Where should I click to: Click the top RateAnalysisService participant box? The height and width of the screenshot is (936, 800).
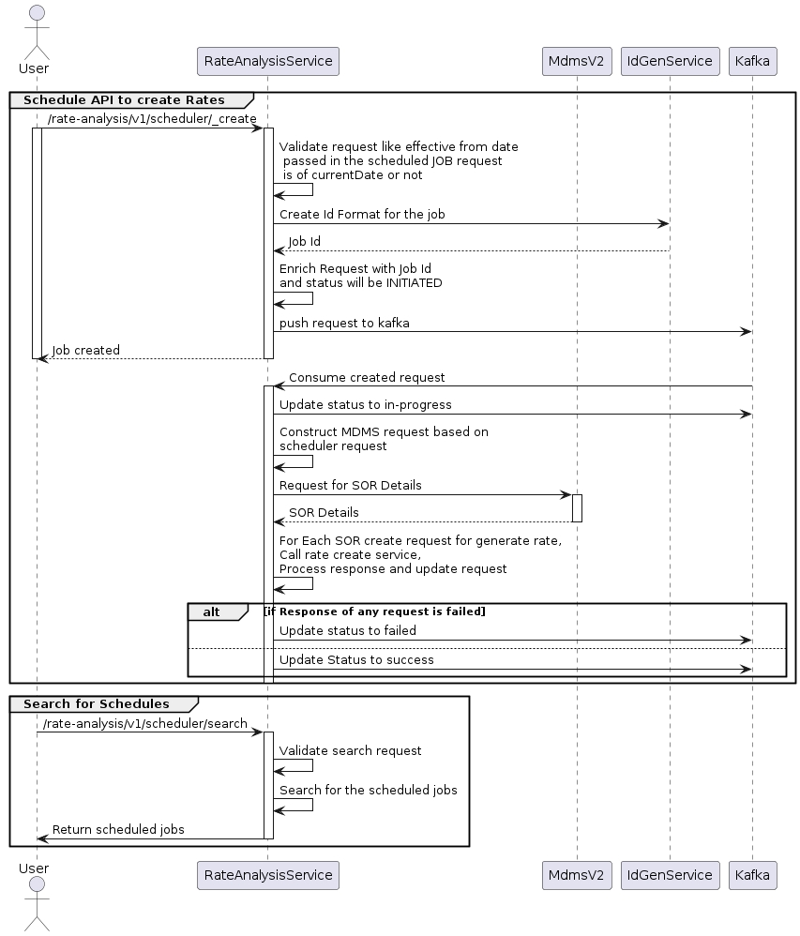[267, 62]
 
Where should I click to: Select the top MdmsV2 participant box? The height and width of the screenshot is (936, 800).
[577, 62]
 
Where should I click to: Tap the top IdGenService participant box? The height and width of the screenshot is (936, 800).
[670, 62]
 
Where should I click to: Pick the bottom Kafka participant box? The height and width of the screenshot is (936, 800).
[752, 875]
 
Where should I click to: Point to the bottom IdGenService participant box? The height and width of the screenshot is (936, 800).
[670, 875]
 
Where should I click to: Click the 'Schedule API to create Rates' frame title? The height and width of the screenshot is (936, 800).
[124, 99]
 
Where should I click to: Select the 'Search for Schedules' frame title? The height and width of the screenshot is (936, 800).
[97, 703]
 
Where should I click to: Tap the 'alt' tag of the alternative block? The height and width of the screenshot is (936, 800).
[211, 611]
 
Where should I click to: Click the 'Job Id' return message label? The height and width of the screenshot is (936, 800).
[304, 242]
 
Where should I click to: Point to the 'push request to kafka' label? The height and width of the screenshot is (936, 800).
[344, 323]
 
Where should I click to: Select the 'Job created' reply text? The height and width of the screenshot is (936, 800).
[85, 350]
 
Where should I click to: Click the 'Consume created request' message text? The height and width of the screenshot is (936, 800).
[367, 377]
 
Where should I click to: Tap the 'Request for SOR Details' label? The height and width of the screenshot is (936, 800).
[350, 486]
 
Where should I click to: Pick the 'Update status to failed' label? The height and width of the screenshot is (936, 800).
[347, 630]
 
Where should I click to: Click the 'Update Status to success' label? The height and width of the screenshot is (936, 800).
[356, 659]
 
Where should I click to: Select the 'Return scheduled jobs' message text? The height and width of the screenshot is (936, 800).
[118, 829]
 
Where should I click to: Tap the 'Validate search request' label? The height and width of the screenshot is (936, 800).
[350, 750]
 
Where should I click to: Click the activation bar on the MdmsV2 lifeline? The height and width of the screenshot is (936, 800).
[577, 507]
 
